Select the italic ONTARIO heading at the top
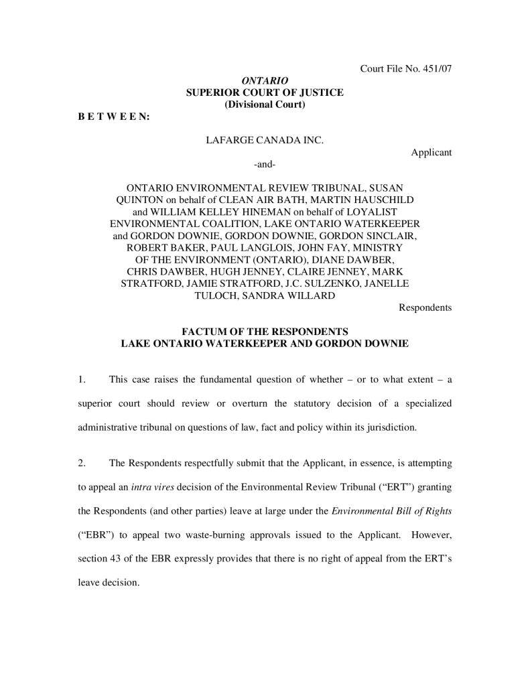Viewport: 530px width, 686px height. tap(265, 80)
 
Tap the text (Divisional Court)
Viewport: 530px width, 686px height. tap(265, 104)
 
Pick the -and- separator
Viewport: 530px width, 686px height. tap(265, 164)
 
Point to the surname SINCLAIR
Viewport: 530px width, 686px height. tap(390, 236)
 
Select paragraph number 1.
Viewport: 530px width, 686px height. tap(81, 380)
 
